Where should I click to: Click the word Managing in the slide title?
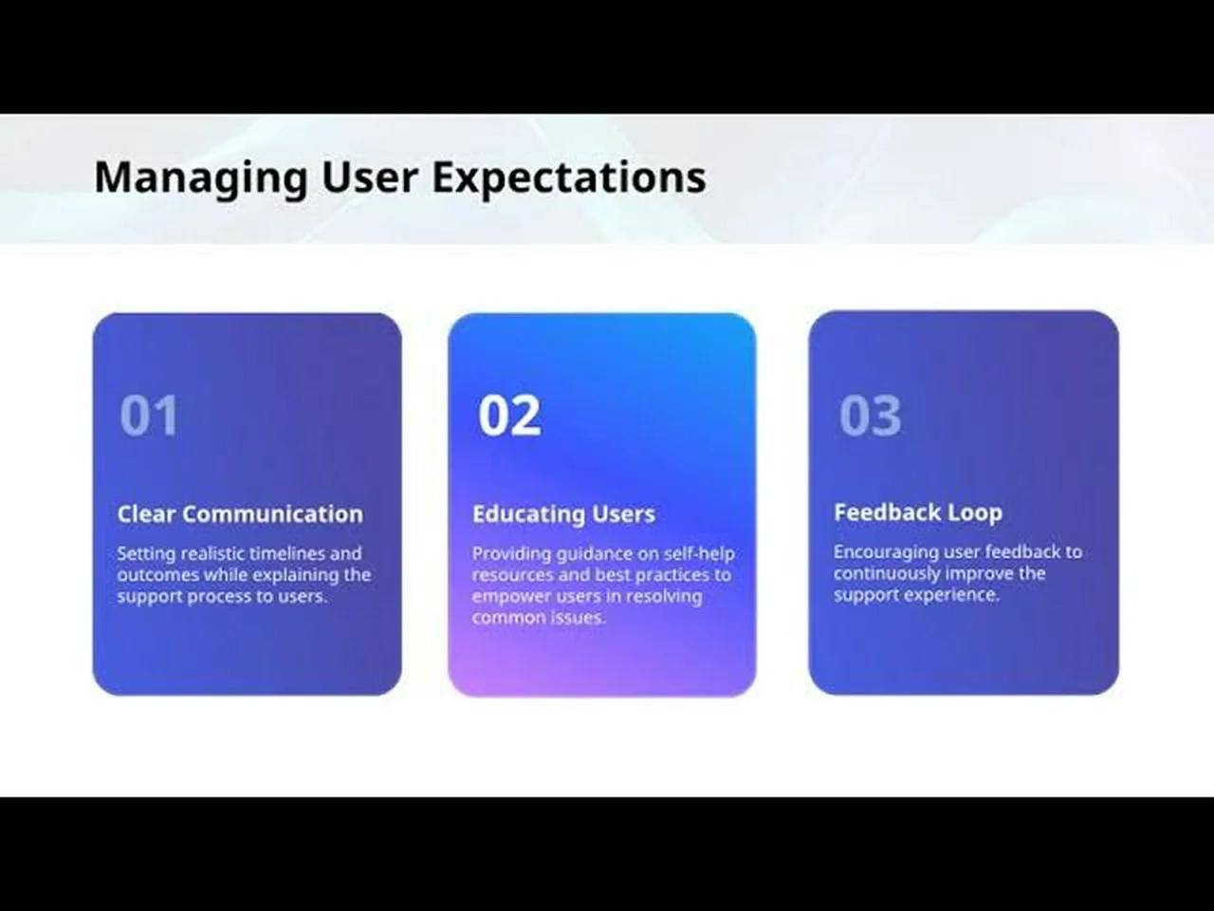pyautogui.click(x=201, y=178)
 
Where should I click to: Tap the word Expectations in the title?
pyautogui.click(x=569, y=178)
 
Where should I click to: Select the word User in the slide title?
pyautogui.click(x=370, y=177)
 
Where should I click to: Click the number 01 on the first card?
pyautogui.click(x=149, y=415)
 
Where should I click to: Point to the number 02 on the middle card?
pyautogui.click(x=509, y=415)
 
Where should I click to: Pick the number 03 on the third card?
pyautogui.click(x=870, y=415)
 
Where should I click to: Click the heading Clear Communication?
pyautogui.click(x=240, y=513)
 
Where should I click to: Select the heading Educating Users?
pyautogui.click(x=563, y=513)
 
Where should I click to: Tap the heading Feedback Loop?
pyautogui.click(x=918, y=512)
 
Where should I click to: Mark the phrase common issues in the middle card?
pyautogui.click(x=539, y=618)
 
